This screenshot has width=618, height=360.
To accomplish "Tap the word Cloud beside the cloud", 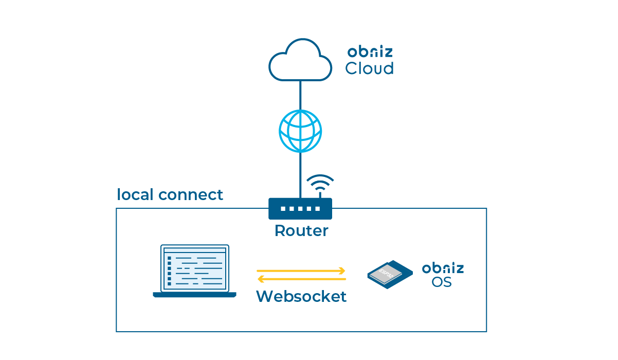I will click(369, 68).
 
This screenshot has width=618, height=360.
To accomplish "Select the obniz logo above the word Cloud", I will click(370, 52).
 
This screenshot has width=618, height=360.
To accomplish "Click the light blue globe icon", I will click(300, 131).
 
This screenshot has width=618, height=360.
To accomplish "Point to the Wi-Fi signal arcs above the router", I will click(320, 183).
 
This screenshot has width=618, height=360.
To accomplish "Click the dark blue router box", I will click(300, 209).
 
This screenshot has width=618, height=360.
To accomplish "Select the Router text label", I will click(301, 230).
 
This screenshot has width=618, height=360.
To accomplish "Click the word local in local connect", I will click(135, 195).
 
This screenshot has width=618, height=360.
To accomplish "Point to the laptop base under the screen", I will click(194, 295).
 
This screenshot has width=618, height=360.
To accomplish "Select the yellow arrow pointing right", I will click(301, 271).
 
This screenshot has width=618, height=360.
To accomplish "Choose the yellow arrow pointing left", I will click(301, 279).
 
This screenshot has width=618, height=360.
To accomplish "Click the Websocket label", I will click(301, 297).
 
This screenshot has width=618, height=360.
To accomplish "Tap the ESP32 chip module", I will click(390, 274).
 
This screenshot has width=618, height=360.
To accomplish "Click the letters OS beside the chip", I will click(442, 282).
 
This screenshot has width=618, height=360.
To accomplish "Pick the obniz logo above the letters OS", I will click(443, 268).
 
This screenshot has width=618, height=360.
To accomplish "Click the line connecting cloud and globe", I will click(300, 95).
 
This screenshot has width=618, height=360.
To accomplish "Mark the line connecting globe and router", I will click(300, 175).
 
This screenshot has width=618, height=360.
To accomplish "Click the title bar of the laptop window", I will click(194, 250).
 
